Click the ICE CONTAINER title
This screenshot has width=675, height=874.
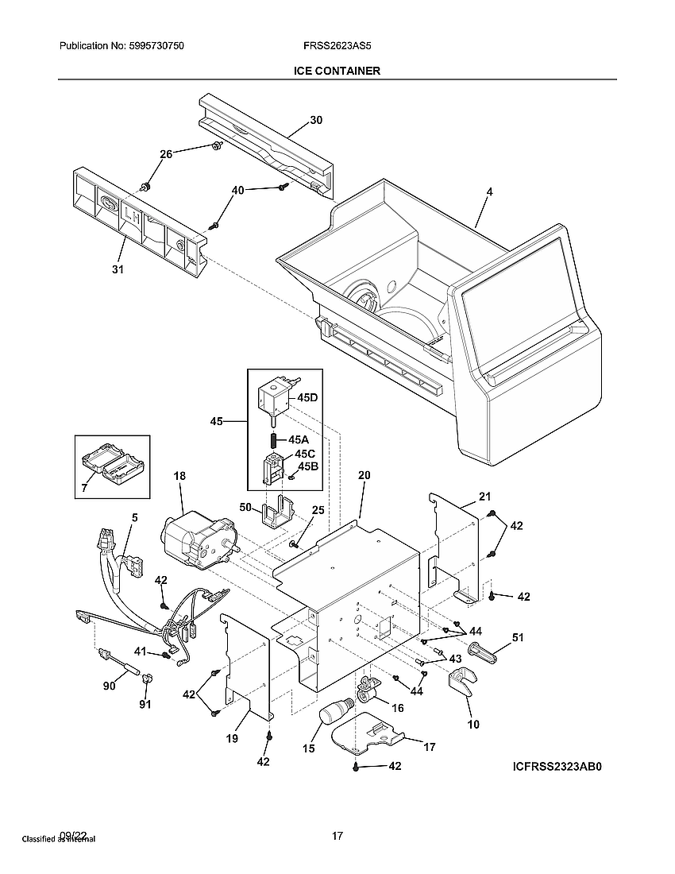click(337, 71)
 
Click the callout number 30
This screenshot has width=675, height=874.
click(316, 121)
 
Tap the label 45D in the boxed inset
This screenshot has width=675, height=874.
click(308, 397)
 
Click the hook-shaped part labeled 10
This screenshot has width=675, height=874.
click(462, 681)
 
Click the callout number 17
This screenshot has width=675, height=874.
click(429, 747)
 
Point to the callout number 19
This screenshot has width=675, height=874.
click(231, 739)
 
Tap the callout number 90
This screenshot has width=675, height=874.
click(109, 685)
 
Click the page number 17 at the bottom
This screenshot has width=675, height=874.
click(337, 836)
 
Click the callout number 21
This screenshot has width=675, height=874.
click(485, 497)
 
